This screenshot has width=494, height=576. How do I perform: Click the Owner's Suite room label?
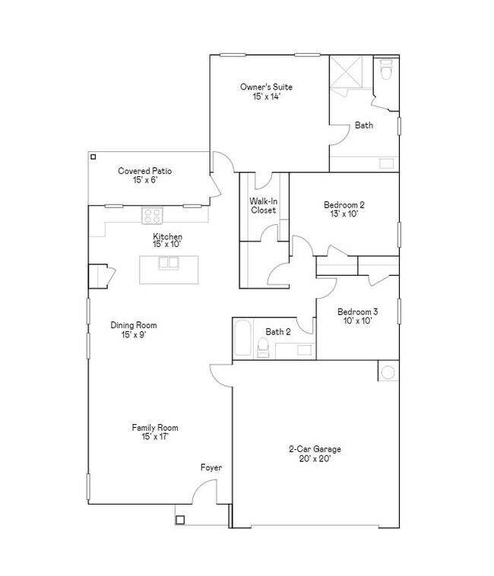266,87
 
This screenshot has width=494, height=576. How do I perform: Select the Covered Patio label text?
144,171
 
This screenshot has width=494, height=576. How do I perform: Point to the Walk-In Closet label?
263,206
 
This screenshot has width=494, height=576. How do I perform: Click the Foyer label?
211,467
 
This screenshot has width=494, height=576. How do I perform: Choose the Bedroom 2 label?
344,204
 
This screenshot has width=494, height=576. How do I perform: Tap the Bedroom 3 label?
357,312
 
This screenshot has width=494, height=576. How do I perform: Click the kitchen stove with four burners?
152,215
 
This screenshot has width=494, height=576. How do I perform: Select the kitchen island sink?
168,264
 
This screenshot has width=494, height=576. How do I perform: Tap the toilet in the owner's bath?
385,71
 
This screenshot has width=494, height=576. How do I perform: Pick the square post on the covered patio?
93,157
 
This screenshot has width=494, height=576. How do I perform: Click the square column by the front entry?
180,520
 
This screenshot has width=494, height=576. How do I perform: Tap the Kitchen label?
167,236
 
